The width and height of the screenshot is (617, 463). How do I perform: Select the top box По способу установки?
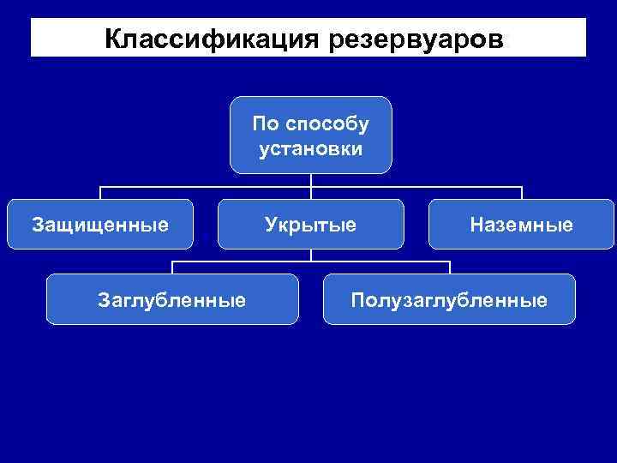(x=310, y=135)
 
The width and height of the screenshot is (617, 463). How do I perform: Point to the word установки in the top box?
(x=310, y=148)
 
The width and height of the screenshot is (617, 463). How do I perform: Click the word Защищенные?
(x=100, y=225)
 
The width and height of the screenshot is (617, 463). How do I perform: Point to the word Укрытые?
(x=310, y=225)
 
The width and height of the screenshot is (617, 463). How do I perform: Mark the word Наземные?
(x=521, y=225)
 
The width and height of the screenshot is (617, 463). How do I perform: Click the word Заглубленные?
(x=172, y=300)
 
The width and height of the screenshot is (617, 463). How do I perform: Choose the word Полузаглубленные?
(x=449, y=300)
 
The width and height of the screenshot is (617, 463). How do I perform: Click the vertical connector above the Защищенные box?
(x=100, y=193)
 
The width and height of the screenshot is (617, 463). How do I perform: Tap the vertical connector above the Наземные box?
(x=521, y=193)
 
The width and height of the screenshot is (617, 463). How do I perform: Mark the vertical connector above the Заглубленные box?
(x=172, y=267)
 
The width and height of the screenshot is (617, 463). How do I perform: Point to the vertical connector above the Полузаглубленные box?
(x=449, y=267)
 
